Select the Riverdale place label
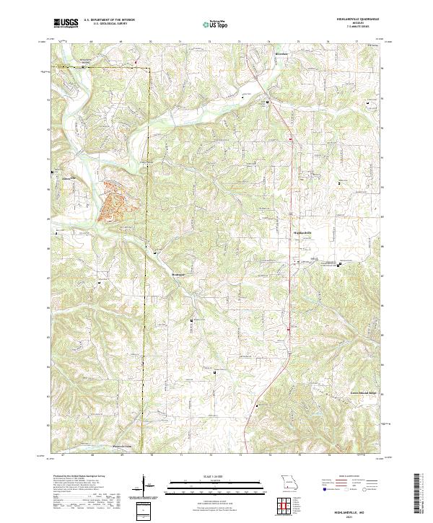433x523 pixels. [x=281, y=54]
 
